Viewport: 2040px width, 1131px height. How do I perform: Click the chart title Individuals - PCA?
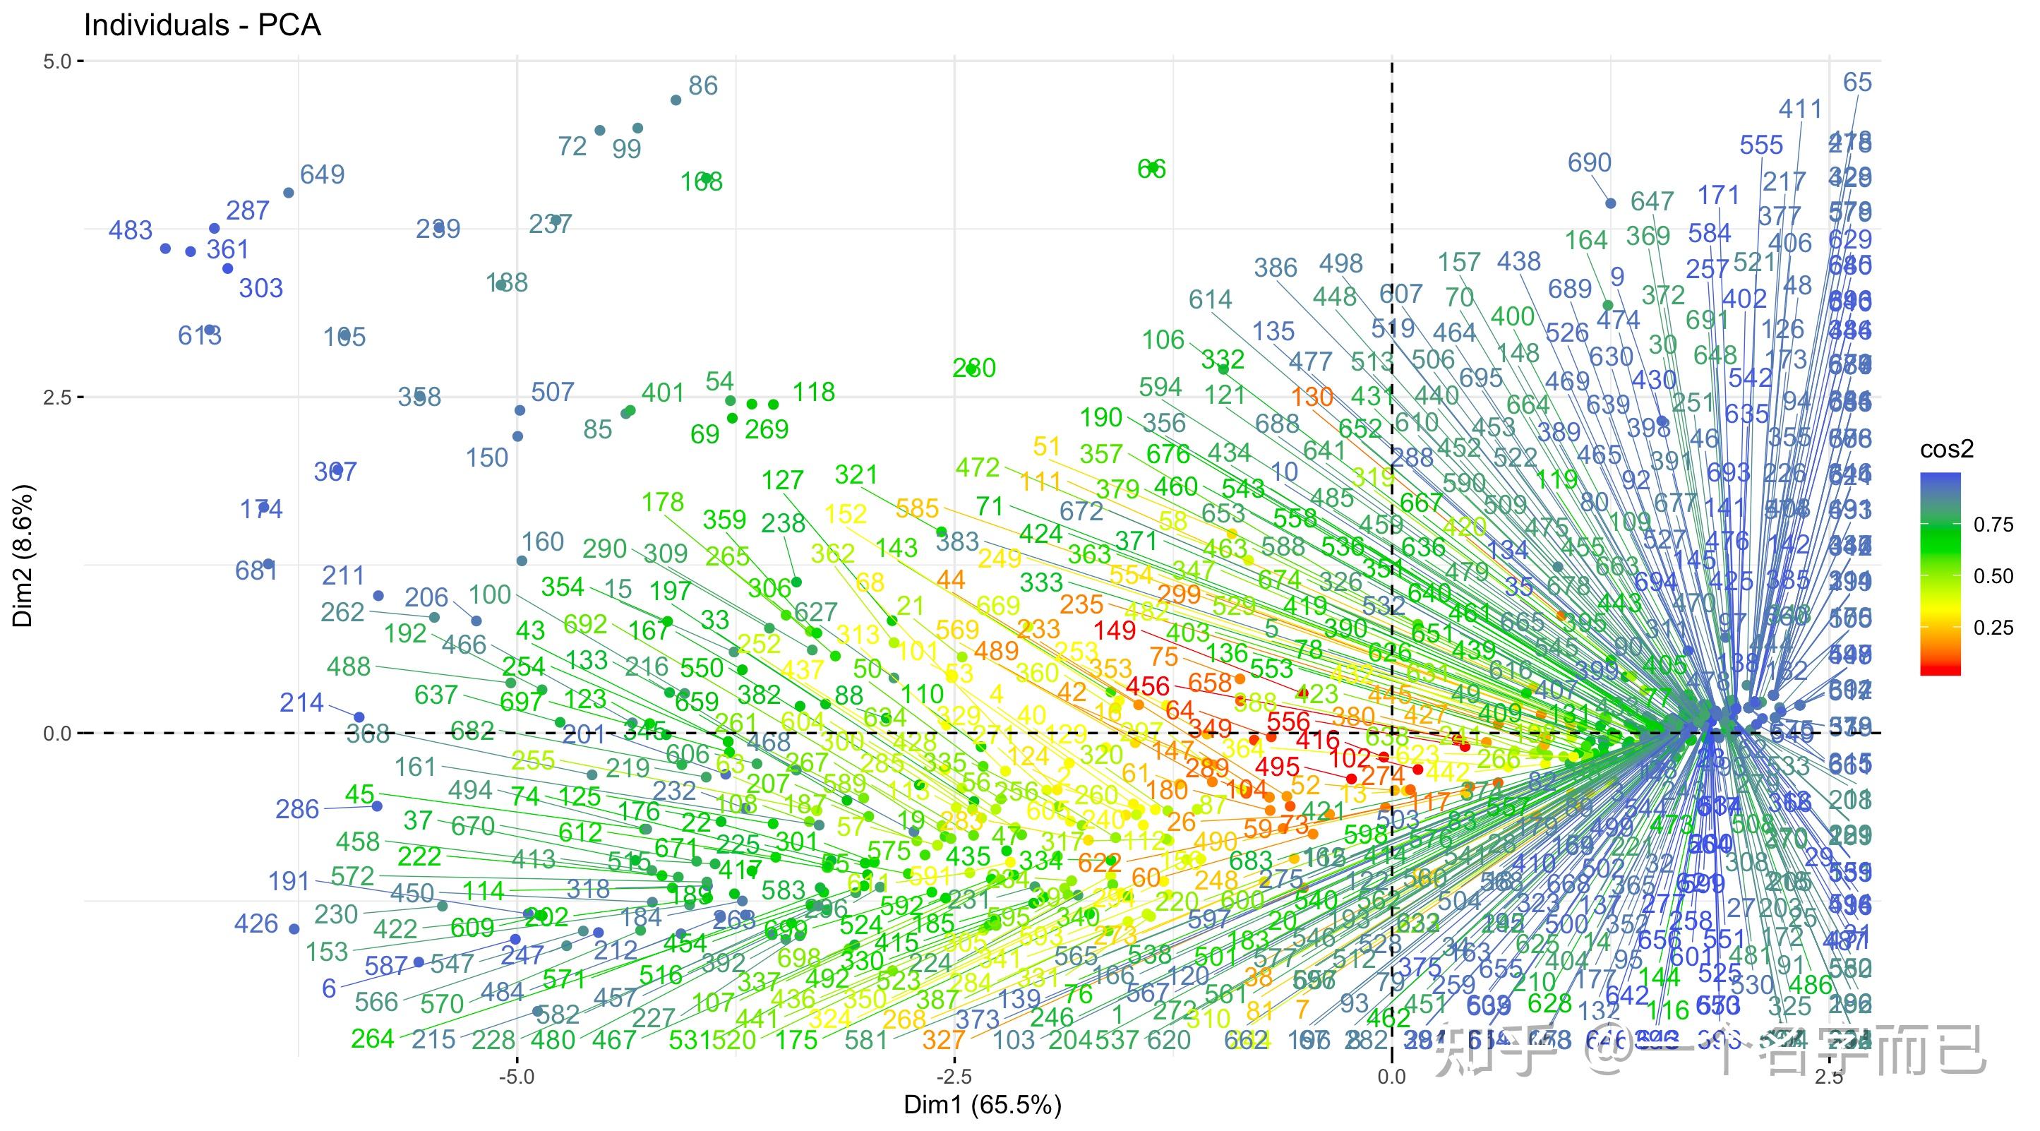(x=202, y=25)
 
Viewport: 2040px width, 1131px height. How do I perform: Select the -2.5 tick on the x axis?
(x=954, y=1077)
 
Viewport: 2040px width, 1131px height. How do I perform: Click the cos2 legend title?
(x=1947, y=450)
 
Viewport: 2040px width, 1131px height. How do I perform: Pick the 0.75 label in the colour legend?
(x=1993, y=525)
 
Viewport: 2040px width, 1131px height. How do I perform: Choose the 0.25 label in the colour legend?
(x=1993, y=628)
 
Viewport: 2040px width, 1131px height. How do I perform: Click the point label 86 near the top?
(x=702, y=85)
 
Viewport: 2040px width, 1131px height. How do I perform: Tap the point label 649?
(x=323, y=174)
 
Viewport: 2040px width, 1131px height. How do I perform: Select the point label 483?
(x=130, y=230)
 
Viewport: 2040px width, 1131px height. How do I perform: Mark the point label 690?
(x=1589, y=162)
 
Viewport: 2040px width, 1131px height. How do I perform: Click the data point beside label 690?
(x=1610, y=203)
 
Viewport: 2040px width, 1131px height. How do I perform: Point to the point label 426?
(x=256, y=923)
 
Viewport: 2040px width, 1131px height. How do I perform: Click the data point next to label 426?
(x=294, y=929)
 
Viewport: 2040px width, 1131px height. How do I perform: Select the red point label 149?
(x=1115, y=630)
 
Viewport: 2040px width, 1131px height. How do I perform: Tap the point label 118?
(x=813, y=391)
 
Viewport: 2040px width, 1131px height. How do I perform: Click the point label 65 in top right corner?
(x=1857, y=82)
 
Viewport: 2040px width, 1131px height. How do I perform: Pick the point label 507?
(x=552, y=391)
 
